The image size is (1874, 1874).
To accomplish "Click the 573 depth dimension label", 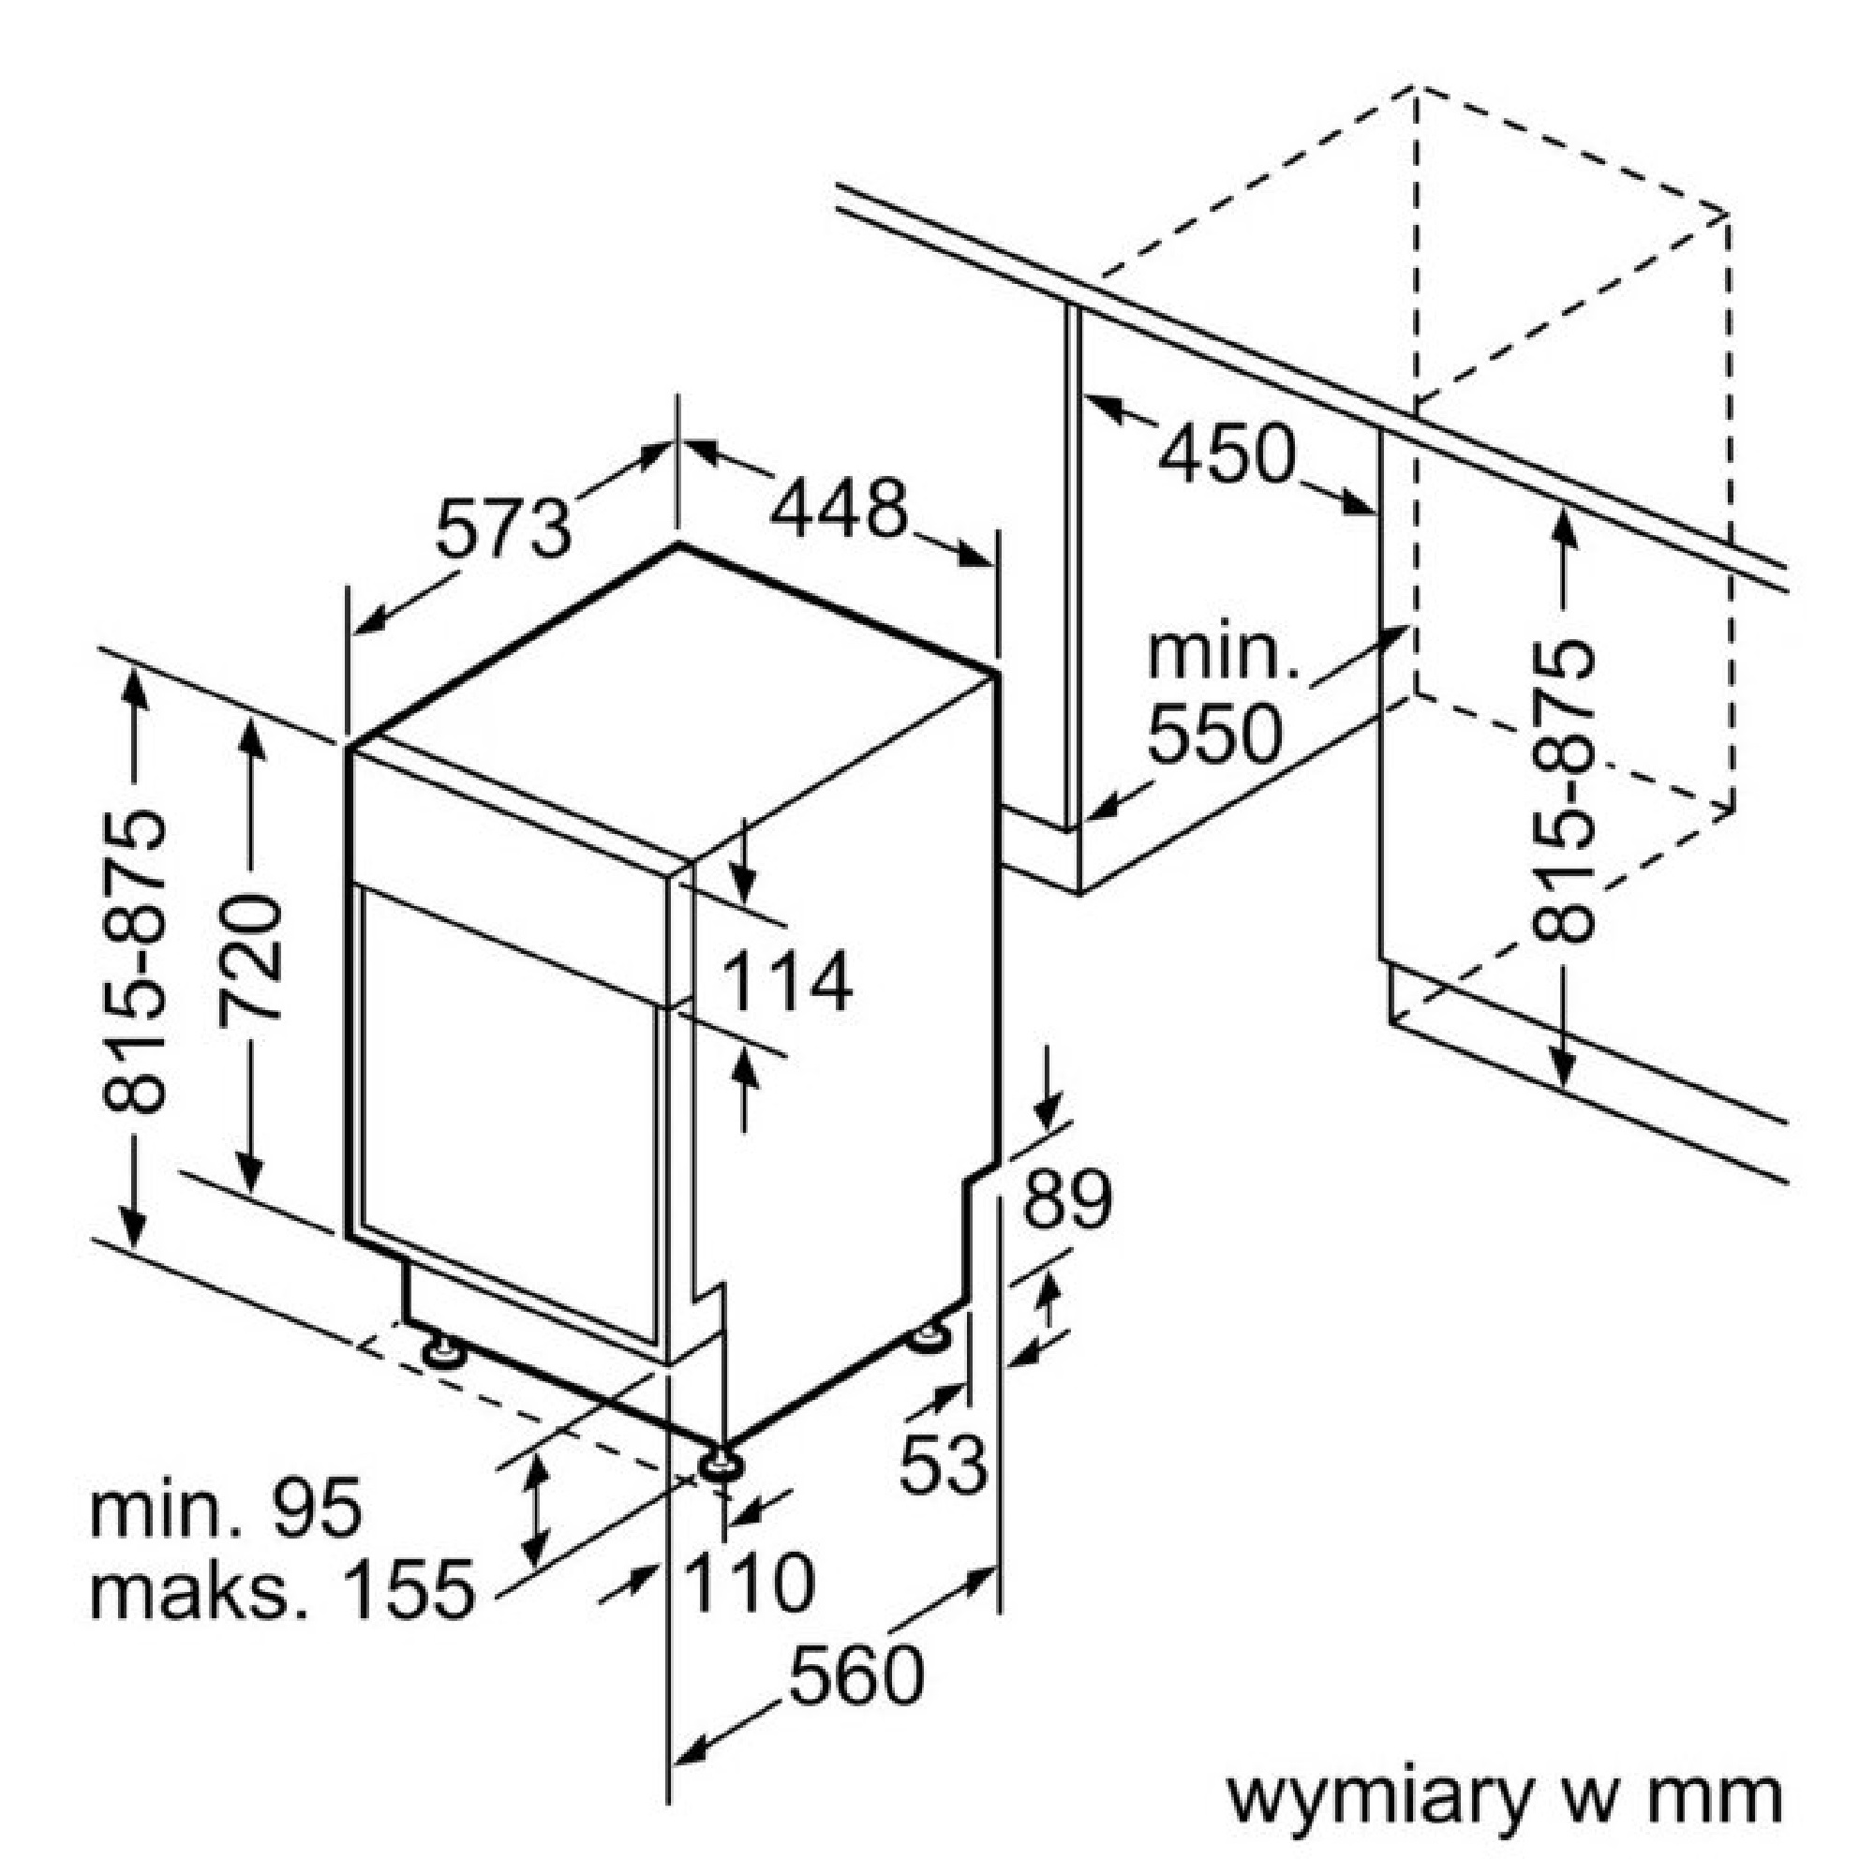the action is [503, 528].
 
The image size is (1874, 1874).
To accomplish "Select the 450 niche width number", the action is [1228, 453].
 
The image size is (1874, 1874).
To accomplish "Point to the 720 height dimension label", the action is [250, 960].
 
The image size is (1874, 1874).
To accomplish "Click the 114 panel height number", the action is [788, 982].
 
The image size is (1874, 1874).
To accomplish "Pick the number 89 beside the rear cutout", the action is [1067, 1200].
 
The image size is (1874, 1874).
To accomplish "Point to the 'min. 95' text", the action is [226, 1508].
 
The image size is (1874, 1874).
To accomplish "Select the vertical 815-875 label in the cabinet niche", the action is [1563, 791].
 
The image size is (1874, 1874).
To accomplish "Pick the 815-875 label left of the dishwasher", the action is [134, 960].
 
